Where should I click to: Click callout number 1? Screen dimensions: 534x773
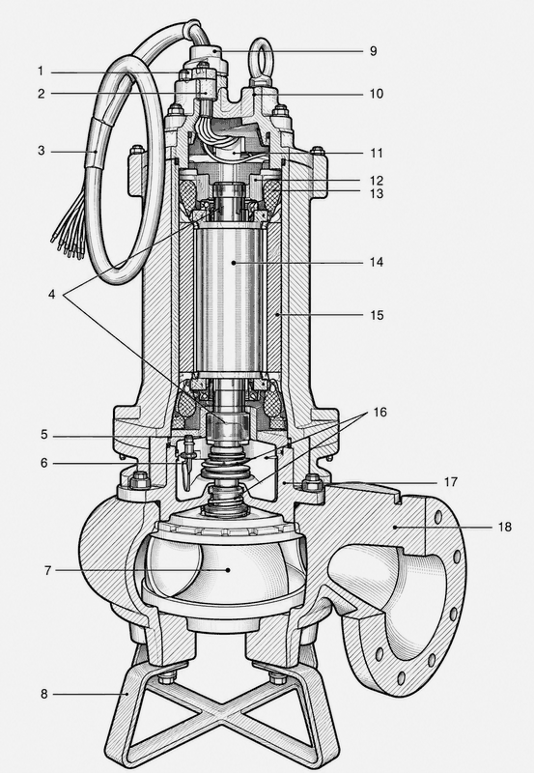41,72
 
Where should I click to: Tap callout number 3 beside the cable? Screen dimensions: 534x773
42,151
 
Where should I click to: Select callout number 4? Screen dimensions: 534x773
52,295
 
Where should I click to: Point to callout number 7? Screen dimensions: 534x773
47,570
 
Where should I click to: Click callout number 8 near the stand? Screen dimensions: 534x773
44,694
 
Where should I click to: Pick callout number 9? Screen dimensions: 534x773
374,51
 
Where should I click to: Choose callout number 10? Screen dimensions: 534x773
377,94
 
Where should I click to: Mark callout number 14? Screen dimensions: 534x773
377,262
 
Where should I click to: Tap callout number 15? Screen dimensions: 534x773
377,315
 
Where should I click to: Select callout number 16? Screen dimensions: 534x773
379,412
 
